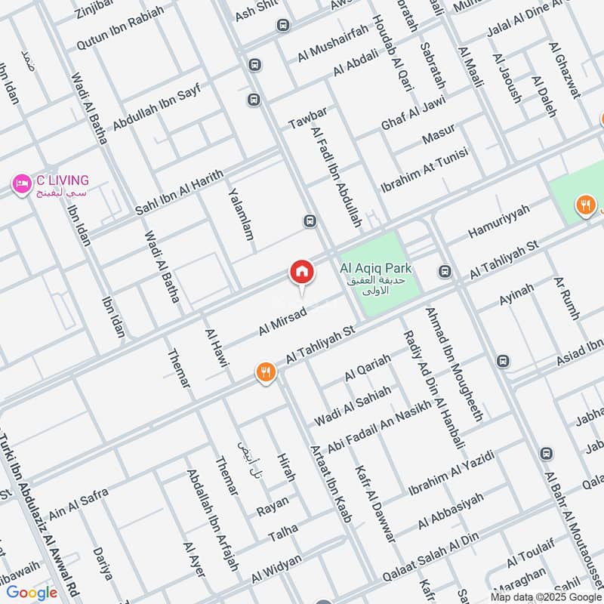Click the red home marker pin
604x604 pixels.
coord(301,273)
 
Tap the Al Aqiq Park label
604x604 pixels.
coord(375,268)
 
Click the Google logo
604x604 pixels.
coord(32,593)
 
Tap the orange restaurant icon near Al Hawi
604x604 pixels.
coord(265,371)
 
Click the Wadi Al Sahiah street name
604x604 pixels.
coord(353,405)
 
